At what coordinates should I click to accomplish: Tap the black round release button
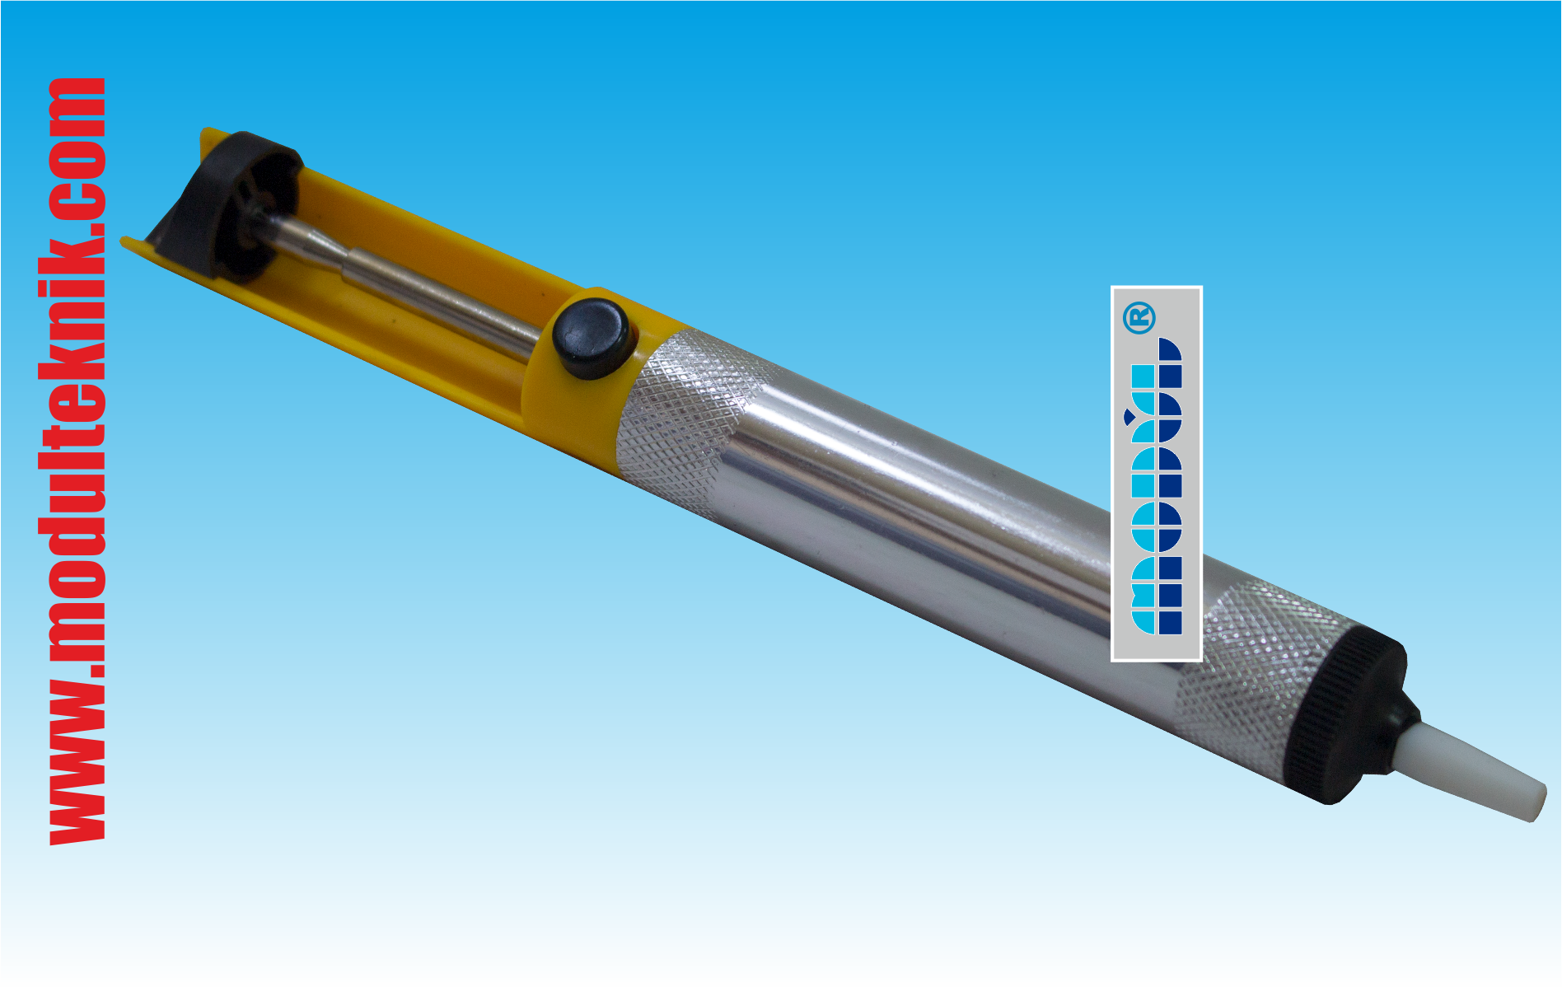[590, 338]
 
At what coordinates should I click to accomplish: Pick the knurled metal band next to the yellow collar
[692, 420]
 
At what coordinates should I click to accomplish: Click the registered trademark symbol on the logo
[1140, 318]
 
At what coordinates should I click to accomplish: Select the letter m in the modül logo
[1156, 596]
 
